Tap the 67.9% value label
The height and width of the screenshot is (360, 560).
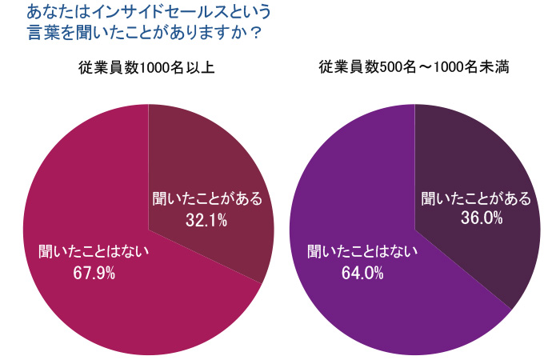(x=94, y=274)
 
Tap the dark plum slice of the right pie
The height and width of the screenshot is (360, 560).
(x=480, y=160)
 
